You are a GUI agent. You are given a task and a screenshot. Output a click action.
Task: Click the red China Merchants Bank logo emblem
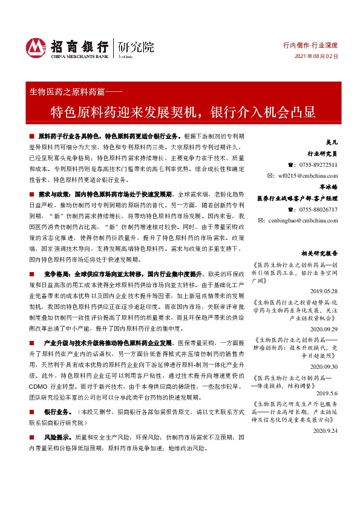coord(36,47)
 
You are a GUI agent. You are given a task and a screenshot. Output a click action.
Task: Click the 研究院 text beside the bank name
coord(136,46)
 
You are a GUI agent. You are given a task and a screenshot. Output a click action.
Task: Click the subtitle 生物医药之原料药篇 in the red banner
coord(66,92)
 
